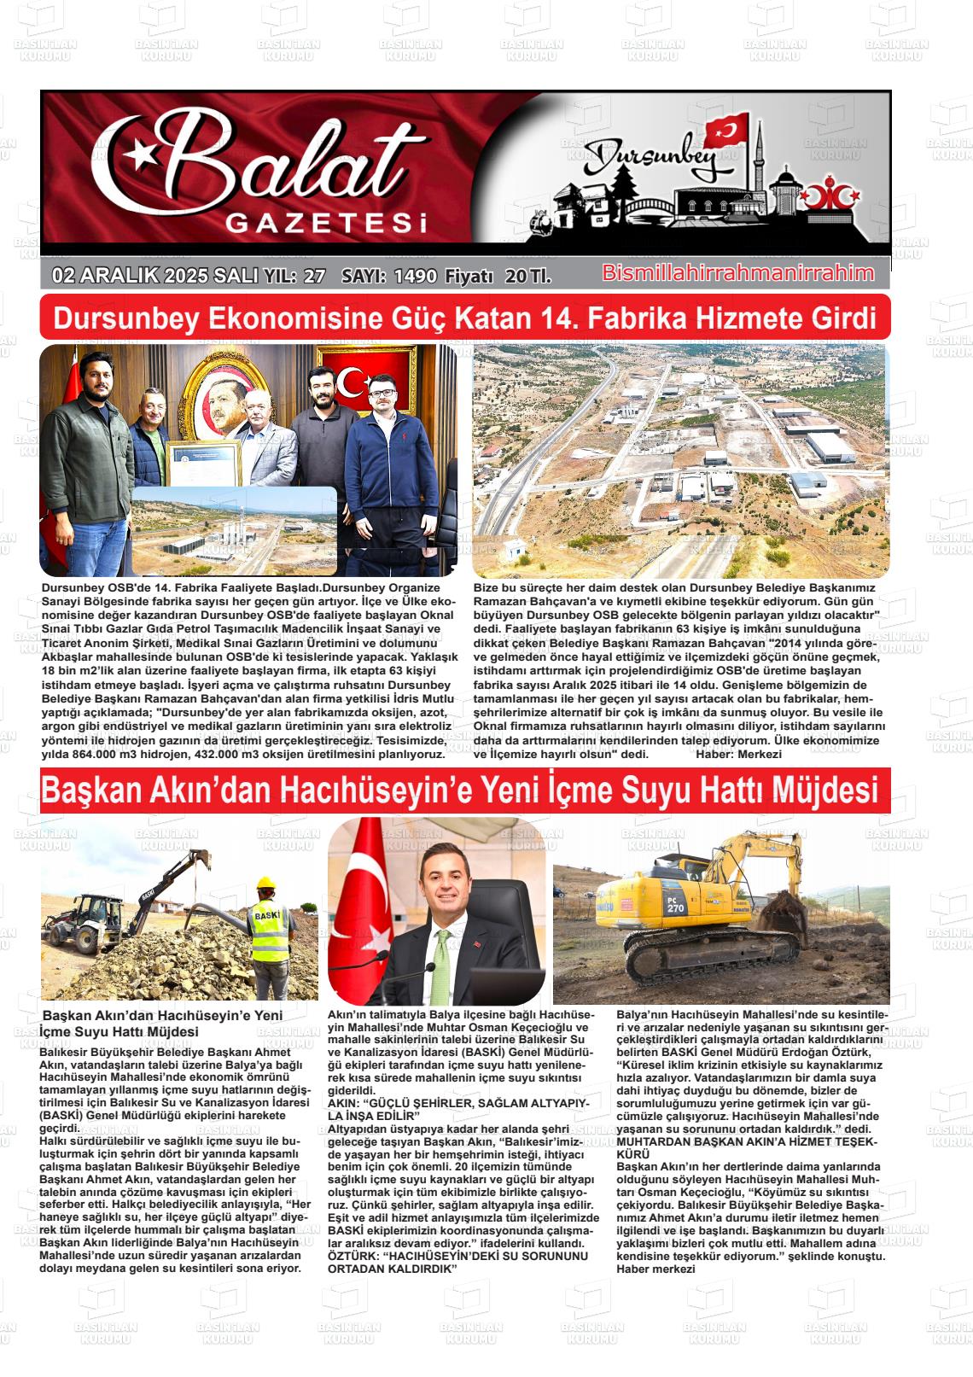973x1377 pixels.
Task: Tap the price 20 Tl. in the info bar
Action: tap(527, 276)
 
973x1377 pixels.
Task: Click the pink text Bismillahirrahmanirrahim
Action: tap(738, 273)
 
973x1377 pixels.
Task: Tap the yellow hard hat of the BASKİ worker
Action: tap(267, 884)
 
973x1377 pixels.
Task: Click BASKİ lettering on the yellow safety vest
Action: tap(266, 918)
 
